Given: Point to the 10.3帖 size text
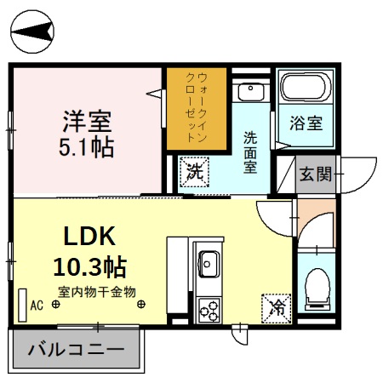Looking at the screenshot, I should click(90, 267).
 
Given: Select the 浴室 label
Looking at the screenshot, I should click(306, 123).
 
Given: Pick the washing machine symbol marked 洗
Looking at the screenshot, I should click(195, 169).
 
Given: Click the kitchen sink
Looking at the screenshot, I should click(208, 265).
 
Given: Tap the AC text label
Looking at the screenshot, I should click(37, 304).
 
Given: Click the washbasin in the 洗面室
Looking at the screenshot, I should click(249, 93).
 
